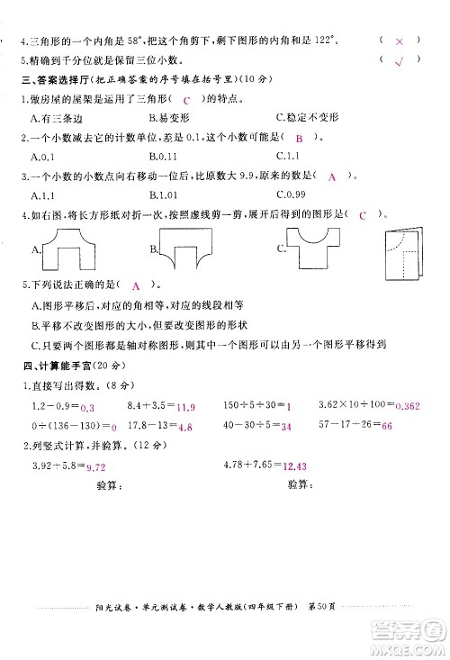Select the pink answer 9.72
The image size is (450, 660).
[x=94, y=466]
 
